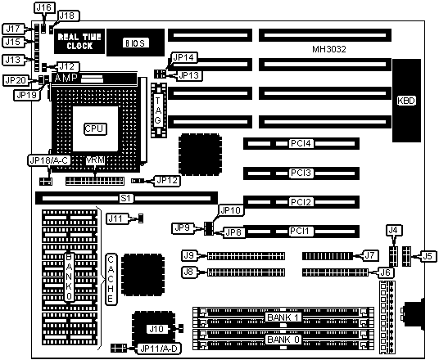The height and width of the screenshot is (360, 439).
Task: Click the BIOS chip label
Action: [136, 43]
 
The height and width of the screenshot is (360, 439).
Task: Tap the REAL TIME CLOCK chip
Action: [79, 41]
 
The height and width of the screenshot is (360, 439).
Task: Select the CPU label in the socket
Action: [95, 128]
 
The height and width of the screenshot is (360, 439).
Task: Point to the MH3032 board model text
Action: [329, 49]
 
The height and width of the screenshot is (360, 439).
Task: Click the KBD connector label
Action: [406, 101]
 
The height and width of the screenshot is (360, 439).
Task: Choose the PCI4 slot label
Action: [301, 143]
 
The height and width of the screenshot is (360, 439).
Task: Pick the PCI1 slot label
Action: [300, 232]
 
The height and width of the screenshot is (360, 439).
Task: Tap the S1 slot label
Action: [125, 198]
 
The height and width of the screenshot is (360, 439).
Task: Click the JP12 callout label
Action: [167, 181]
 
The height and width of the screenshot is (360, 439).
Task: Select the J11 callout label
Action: [115, 218]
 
